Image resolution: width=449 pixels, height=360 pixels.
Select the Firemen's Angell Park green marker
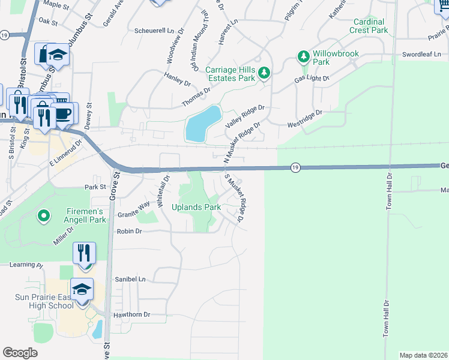click(43, 215)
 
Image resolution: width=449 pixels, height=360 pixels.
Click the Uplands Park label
click(196, 207)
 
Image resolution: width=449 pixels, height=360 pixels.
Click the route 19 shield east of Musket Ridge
click(295, 169)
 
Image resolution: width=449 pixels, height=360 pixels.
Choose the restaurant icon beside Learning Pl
click(84, 252)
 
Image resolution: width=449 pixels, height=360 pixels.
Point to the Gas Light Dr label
click(312, 79)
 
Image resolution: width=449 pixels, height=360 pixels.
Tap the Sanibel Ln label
click(130, 280)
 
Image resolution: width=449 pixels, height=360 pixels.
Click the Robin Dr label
click(129, 231)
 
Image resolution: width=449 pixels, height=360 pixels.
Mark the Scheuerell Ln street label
click(154, 30)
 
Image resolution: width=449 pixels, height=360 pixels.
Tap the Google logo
click(20, 353)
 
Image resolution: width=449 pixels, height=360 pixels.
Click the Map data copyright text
click(423, 355)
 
